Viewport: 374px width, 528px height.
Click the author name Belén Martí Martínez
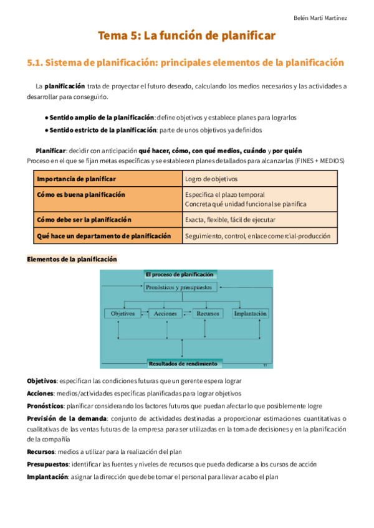click(320, 18)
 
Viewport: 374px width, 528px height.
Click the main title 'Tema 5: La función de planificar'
click(186, 37)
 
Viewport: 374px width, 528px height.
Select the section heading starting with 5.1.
click(186, 63)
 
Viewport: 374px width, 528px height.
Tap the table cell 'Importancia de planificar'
click(76, 179)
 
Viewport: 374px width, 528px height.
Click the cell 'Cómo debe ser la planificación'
click(84, 220)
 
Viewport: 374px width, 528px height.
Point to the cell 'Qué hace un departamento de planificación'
click(103, 237)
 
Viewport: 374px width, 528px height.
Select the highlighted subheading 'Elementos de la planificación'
click(72, 259)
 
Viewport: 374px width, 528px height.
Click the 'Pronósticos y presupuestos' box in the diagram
click(180, 288)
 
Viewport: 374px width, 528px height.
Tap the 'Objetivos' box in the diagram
click(123, 314)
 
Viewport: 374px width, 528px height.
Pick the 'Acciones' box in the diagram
click(165, 314)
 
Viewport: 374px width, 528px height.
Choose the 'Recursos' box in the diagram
click(208, 314)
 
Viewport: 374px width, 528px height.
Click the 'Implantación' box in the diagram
click(251, 314)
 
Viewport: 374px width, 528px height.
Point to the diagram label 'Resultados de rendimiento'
click(183, 364)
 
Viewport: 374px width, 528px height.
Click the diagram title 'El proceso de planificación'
click(179, 274)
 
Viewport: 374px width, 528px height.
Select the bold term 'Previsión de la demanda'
click(67, 418)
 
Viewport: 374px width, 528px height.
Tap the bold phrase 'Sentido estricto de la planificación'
click(103, 130)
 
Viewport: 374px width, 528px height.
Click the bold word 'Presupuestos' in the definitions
click(48, 464)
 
